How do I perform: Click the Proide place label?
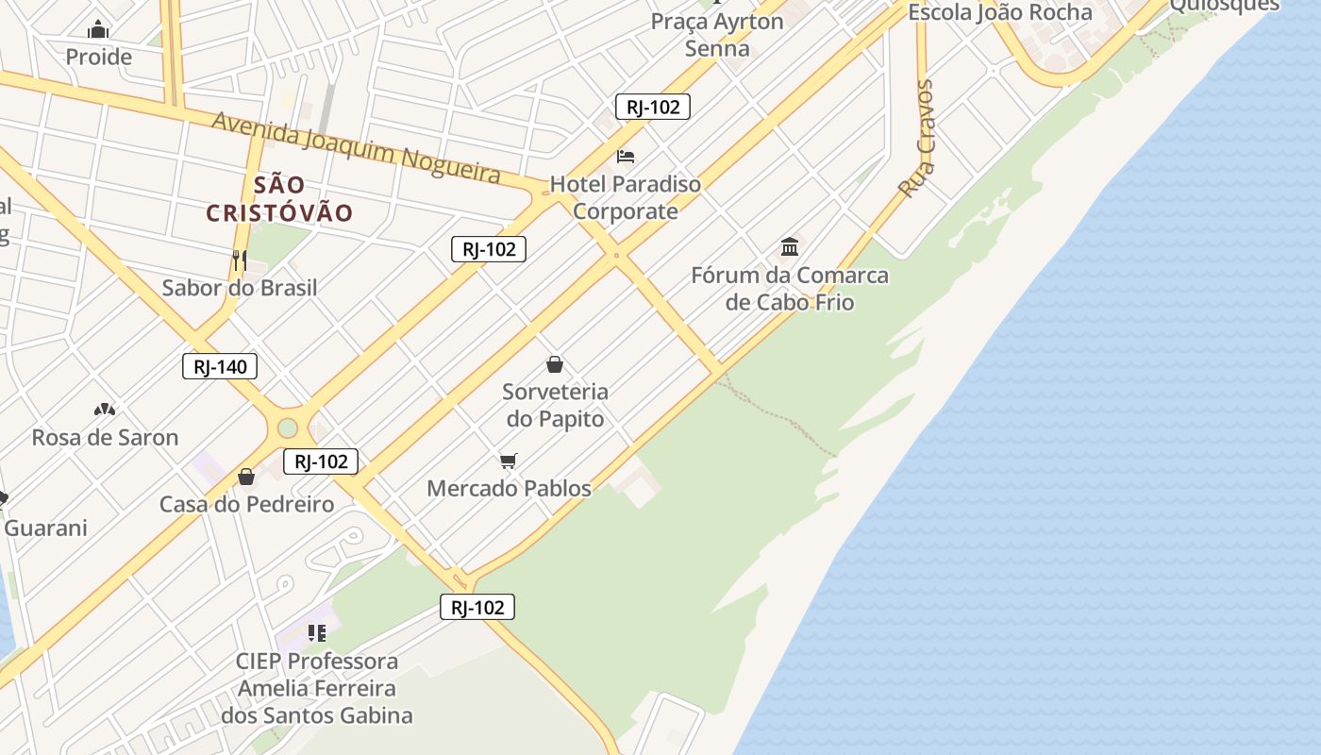pos(98,57)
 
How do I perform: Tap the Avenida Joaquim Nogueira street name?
pos(356,147)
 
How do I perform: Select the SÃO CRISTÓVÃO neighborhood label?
pos(279,199)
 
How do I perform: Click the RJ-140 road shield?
pos(220,366)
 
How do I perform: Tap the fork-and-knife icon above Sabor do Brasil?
pos(240,260)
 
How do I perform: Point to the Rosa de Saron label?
pos(105,437)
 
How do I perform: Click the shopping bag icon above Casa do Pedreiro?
pos(246,477)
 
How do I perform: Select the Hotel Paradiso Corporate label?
pos(626,197)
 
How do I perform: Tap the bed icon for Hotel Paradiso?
pos(626,156)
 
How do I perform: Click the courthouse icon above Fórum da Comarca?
pos(790,247)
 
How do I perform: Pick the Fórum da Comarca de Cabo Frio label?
pos(790,289)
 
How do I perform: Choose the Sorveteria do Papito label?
pos(555,405)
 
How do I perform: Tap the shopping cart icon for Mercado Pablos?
pos(509,461)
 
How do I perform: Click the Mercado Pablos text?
pos(509,488)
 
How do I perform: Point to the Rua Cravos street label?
pos(917,139)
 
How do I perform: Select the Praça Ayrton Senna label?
pos(717,35)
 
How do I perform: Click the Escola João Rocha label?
pos(999,12)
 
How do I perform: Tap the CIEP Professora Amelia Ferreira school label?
pos(317,688)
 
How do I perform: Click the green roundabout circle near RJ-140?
pos(288,428)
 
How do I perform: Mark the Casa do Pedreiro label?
pos(246,504)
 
